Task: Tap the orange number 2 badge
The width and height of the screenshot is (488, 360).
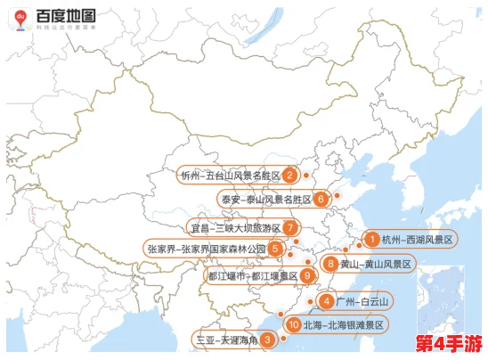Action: click(x=290, y=175)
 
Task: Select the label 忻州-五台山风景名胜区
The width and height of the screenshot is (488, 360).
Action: click(x=230, y=175)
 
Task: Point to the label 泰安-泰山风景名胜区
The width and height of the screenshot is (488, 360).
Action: click(x=265, y=199)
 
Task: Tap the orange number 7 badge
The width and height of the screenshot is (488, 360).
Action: click(x=291, y=227)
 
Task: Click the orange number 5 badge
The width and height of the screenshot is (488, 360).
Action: click(x=276, y=249)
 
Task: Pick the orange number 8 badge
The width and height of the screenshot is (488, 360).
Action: click(x=331, y=264)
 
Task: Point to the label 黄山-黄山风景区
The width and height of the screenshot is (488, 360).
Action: click(x=376, y=264)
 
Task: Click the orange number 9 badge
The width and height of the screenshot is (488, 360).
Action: click(x=307, y=275)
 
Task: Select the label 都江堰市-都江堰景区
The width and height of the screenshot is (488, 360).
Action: click(x=253, y=275)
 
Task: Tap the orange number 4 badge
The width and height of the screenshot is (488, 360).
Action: click(x=329, y=301)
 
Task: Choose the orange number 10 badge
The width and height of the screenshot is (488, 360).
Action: click(x=293, y=325)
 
